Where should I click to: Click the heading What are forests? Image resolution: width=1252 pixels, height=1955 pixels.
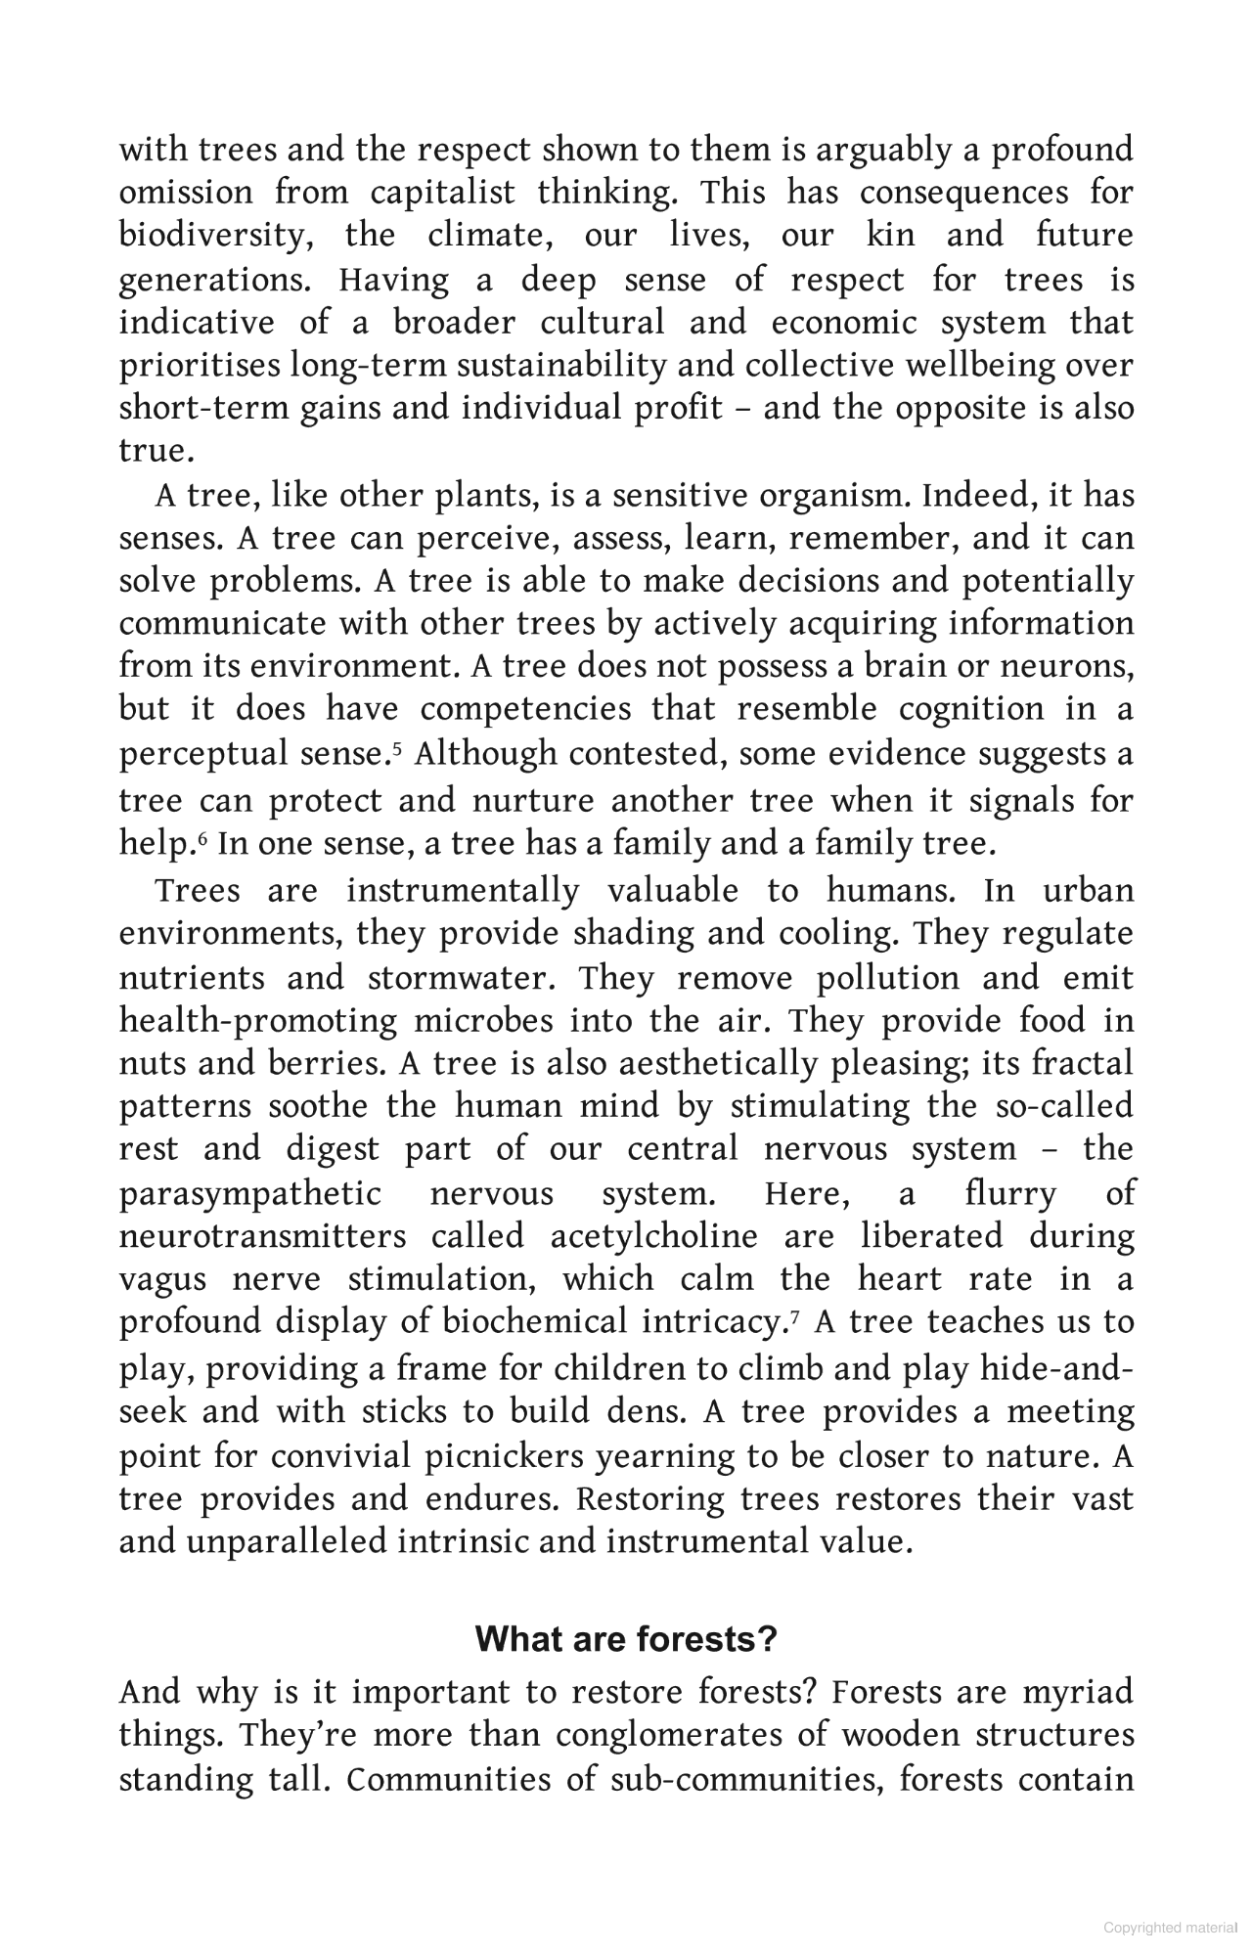coord(625,1638)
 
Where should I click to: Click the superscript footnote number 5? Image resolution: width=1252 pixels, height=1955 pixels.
coord(397,749)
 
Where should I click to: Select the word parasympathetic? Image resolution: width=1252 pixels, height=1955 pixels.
coord(250,1193)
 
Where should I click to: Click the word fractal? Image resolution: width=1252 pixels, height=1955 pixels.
coord(1082,1063)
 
